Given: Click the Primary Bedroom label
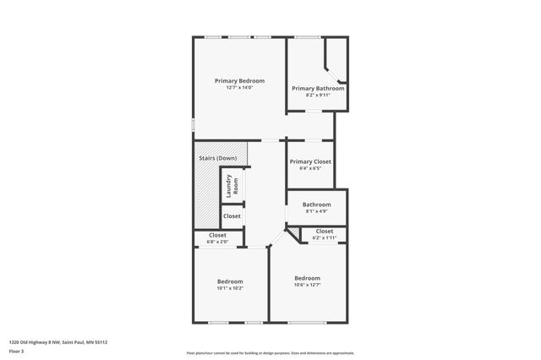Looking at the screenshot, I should click(x=239, y=81).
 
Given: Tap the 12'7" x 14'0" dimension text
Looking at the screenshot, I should click(x=239, y=88).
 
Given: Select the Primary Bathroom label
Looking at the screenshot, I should click(x=318, y=88).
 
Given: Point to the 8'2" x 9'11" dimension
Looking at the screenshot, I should click(x=318, y=95).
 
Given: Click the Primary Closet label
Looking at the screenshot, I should click(x=310, y=161).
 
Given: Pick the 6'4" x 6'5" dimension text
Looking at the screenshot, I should click(x=310, y=168).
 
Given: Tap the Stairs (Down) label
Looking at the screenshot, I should click(x=217, y=158).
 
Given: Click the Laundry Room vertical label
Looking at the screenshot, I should click(x=232, y=186).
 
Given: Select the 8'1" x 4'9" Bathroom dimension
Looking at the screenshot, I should click(x=317, y=211).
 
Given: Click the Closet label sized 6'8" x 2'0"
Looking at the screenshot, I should click(x=217, y=235).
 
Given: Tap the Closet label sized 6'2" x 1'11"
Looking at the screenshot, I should click(x=324, y=231).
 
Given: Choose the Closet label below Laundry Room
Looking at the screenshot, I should click(x=232, y=216).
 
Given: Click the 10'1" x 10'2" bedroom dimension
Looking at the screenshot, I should click(x=230, y=288).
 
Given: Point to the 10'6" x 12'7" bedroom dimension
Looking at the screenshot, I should click(x=308, y=285).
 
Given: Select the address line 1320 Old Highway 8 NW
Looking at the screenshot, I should click(x=58, y=342).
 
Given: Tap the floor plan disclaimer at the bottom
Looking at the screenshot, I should click(x=270, y=352).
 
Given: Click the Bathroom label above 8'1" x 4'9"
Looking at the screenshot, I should click(x=317, y=204).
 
